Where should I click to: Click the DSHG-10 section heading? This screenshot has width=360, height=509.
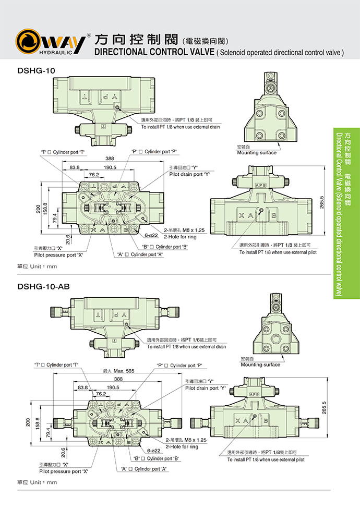(36, 70)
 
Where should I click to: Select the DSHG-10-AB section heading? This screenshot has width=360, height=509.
(43, 286)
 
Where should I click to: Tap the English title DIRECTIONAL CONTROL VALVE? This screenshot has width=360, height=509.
(153, 52)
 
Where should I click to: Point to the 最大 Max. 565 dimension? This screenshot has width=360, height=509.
(118, 370)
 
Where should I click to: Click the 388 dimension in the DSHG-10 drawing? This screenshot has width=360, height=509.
(110, 159)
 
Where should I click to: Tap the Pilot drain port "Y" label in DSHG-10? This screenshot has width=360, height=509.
(189, 174)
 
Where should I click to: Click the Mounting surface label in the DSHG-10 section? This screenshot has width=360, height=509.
(257, 153)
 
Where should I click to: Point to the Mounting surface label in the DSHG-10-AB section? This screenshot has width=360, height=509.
(260, 365)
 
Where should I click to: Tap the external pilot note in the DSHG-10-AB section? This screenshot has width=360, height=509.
(266, 459)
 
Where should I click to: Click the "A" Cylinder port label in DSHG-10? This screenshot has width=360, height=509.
(140, 254)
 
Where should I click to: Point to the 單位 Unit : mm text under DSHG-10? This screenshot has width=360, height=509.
(37, 266)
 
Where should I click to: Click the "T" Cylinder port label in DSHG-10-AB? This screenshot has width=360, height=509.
(59, 365)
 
